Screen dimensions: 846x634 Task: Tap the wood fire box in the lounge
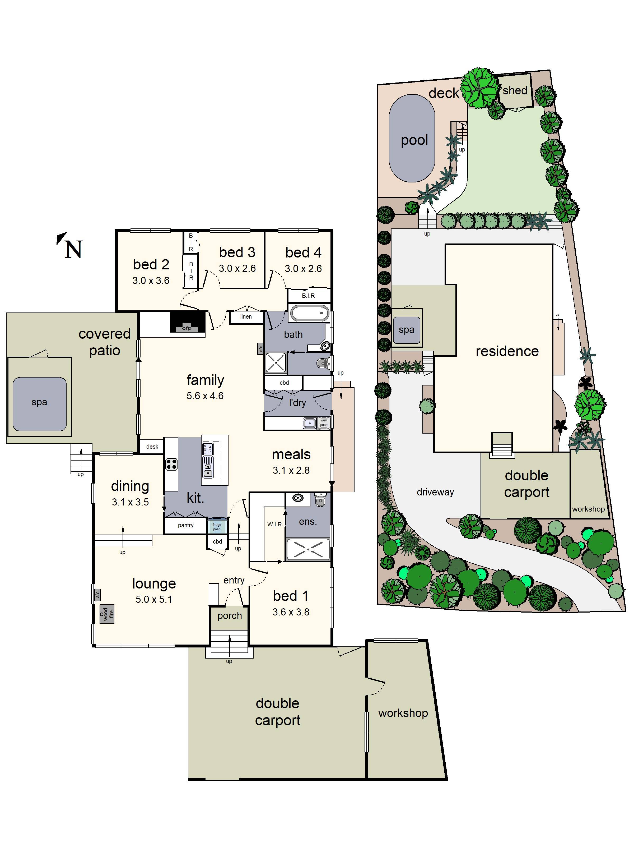click(107, 614)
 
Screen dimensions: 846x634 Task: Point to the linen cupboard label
click(246, 317)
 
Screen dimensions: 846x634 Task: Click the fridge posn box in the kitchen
click(217, 527)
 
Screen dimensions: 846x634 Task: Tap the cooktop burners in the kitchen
click(171, 464)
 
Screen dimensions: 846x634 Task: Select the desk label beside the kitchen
click(152, 446)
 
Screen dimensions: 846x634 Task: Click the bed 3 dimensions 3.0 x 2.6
click(237, 269)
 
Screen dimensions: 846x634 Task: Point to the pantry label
click(186, 525)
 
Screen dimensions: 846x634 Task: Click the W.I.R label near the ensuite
click(274, 524)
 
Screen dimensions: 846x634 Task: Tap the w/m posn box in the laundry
click(324, 423)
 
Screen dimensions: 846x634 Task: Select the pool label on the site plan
click(414, 140)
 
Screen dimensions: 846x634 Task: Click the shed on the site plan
click(515, 91)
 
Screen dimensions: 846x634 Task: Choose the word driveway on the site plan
click(435, 492)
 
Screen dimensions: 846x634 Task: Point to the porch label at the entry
click(229, 615)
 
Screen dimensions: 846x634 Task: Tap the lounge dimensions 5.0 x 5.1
click(154, 599)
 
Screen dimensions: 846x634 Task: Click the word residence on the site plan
click(507, 351)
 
